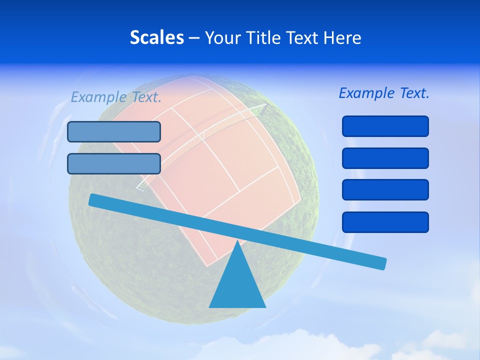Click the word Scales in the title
(157, 37)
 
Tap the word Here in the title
(341, 37)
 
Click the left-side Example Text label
(116, 97)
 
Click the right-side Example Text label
(384, 93)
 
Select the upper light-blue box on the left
(114, 131)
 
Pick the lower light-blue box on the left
(114, 163)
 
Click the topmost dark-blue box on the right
(385, 126)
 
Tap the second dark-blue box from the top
(385, 158)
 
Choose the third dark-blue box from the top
(385, 190)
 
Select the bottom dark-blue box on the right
(385, 222)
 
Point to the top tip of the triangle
(237, 242)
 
